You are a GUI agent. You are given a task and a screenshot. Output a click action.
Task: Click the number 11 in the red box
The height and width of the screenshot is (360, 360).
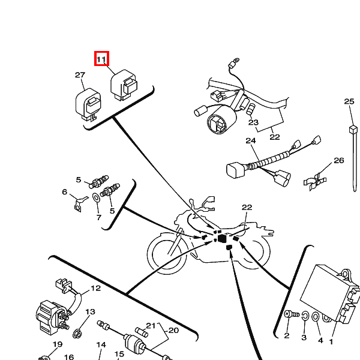(101, 59)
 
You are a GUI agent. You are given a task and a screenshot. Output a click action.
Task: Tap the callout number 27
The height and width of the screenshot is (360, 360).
(80, 75)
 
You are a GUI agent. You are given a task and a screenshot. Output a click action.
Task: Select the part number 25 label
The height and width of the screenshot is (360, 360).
(349, 101)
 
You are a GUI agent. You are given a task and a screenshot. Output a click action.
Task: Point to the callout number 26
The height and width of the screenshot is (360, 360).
(339, 160)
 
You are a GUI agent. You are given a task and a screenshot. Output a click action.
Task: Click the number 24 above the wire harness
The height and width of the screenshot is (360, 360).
(251, 141)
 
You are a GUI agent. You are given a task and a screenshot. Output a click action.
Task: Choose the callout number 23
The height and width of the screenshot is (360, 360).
(253, 122)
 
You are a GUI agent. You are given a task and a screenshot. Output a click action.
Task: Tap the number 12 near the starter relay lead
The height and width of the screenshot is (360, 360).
(95, 288)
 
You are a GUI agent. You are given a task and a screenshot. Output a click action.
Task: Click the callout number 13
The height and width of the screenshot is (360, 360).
(90, 312)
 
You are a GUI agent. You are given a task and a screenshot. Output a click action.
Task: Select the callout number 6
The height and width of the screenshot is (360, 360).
(65, 192)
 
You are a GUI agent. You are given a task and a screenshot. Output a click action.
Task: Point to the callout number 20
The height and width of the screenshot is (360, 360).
(173, 331)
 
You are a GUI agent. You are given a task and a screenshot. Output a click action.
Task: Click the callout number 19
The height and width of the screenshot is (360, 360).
(57, 344)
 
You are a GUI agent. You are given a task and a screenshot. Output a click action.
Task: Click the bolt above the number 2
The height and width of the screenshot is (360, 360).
(288, 314)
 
